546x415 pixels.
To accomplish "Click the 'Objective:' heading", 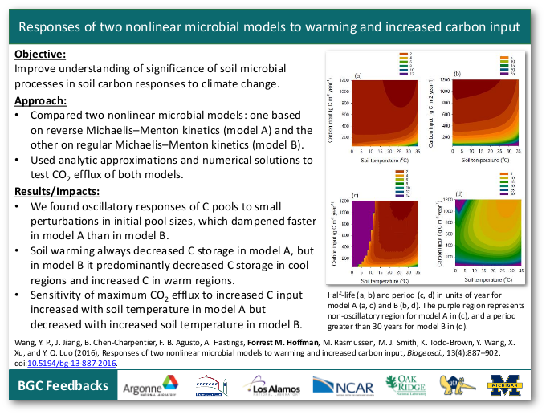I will click(41, 55).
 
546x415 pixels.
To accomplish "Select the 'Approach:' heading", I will click(41, 100).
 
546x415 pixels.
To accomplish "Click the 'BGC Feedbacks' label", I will click(63, 386).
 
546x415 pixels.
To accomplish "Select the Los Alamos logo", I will click(276, 386).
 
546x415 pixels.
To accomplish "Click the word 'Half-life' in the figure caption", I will click(344, 295).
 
